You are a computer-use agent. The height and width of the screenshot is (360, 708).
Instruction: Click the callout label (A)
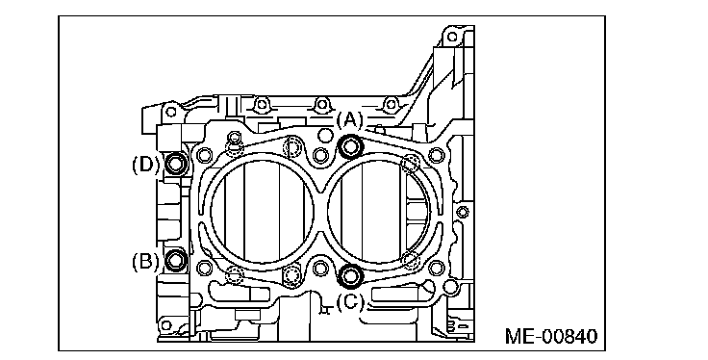(x=349, y=120)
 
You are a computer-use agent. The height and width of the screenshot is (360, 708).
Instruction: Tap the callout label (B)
(x=145, y=261)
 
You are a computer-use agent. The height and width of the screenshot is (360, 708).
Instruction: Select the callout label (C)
(x=349, y=301)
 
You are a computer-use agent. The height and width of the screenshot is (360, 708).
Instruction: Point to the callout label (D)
(x=145, y=165)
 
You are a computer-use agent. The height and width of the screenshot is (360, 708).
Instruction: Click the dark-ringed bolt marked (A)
(x=351, y=146)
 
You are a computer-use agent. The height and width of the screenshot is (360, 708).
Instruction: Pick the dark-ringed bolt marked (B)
(x=176, y=260)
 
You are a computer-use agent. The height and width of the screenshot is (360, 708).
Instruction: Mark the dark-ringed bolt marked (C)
(x=351, y=275)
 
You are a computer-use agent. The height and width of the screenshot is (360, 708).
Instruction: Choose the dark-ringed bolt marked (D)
(x=176, y=163)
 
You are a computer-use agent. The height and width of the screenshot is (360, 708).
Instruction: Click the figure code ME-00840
(x=551, y=337)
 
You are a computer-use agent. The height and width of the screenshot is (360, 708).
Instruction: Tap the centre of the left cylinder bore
(x=263, y=212)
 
